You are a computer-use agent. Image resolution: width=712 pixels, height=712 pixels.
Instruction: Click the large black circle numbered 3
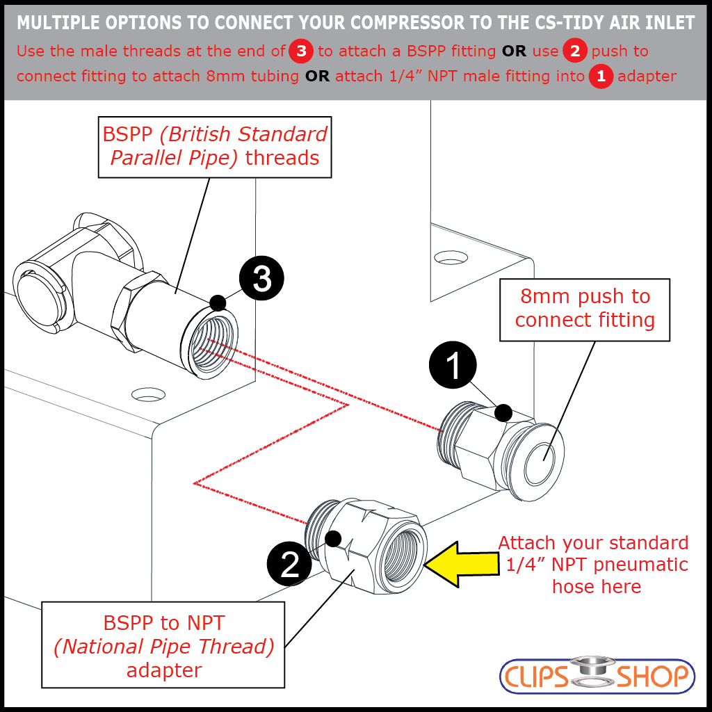[261, 278]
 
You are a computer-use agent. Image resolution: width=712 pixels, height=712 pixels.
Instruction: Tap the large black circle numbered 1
[453, 364]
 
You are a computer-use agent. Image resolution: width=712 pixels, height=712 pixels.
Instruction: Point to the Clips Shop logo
[597, 675]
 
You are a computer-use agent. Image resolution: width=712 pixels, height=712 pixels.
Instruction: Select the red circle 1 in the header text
[600, 75]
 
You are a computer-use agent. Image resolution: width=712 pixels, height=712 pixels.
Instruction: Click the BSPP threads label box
[214, 146]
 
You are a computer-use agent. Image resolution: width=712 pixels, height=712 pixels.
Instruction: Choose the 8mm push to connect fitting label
[585, 309]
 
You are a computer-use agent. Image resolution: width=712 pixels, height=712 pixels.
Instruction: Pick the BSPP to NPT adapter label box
[163, 647]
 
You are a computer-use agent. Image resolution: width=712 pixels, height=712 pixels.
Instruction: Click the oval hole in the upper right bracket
[451, 258]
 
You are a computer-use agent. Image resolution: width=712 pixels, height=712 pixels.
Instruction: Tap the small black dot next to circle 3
[218, 302]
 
